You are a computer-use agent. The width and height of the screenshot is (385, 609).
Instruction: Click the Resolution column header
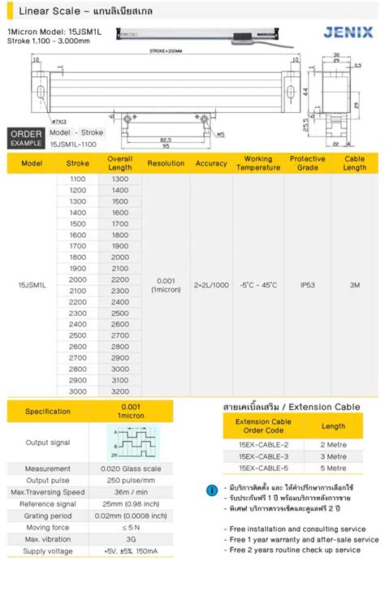click(167, 163)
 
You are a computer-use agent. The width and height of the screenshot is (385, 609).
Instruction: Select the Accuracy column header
click(211, 163)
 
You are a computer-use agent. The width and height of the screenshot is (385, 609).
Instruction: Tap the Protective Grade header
click(308, 163)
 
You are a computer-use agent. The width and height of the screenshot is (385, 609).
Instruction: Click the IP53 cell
click(308, 285)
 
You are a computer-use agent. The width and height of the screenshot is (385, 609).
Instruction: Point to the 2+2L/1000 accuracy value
click(211, 285)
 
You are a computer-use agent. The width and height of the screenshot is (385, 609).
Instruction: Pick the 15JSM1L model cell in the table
click(32, 285)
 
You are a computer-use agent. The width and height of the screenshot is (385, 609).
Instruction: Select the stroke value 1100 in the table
click(78, 179)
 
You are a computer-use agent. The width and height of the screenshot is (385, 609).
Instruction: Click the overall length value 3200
click(120, 391)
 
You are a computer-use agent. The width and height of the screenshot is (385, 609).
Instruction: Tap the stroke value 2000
click(78, 279)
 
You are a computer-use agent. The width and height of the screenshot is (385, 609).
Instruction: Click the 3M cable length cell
click(355, 285)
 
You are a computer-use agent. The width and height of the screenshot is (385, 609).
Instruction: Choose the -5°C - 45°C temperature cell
click(258, 285)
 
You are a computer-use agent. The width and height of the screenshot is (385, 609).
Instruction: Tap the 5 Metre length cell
click(333, 469)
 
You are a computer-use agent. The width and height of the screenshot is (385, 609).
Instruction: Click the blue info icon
click(212, 490)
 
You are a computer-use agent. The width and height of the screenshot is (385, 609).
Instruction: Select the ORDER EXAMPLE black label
click(25, 137)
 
